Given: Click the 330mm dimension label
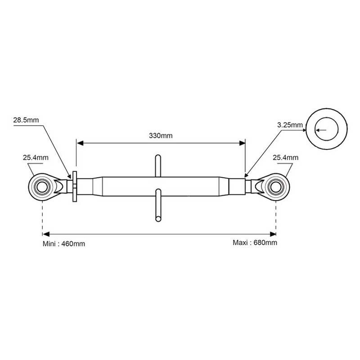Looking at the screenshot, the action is point(161,135).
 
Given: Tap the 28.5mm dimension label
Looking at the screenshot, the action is point(26,120).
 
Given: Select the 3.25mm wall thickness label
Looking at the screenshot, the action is point(290,125).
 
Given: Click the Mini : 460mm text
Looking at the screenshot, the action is point(64,243).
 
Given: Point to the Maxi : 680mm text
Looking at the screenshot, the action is point(255,243).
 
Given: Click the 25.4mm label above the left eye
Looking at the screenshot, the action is point(36,157).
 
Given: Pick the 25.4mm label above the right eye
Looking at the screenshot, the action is point(286,157).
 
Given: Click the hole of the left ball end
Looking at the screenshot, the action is point(42,187).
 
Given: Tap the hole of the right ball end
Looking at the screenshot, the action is point(275,187).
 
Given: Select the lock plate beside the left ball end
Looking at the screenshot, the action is point(75,186).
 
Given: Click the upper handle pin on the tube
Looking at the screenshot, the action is point(158,166).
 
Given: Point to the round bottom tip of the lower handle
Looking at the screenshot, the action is point(158,219).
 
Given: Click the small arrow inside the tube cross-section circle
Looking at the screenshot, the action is point(321,130).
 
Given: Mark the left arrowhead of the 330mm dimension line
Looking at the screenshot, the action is point(80,143).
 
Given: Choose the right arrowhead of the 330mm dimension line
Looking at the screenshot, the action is point(242,143).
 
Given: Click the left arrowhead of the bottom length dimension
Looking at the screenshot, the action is point(46,234).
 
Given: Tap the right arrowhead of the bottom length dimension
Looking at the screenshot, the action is point(273,234).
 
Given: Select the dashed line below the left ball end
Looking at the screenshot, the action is point(42,218).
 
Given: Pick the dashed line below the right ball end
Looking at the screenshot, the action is point(276,218).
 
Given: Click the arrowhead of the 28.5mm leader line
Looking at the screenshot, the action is point(69,176).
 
